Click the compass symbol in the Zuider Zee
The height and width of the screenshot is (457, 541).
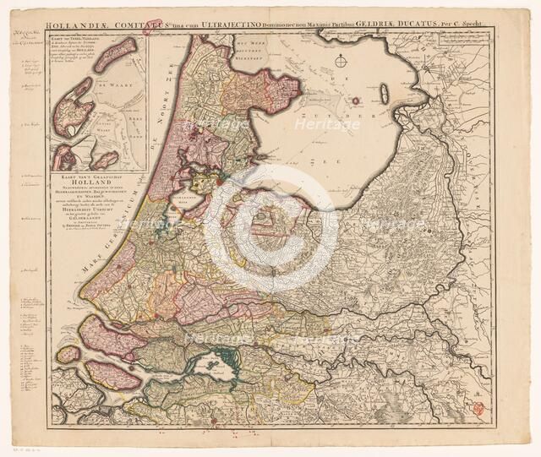tap(340, 61)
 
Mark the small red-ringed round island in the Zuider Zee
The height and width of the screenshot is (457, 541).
tap(356, 101)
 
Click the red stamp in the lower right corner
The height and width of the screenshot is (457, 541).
tap(478, 408)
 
